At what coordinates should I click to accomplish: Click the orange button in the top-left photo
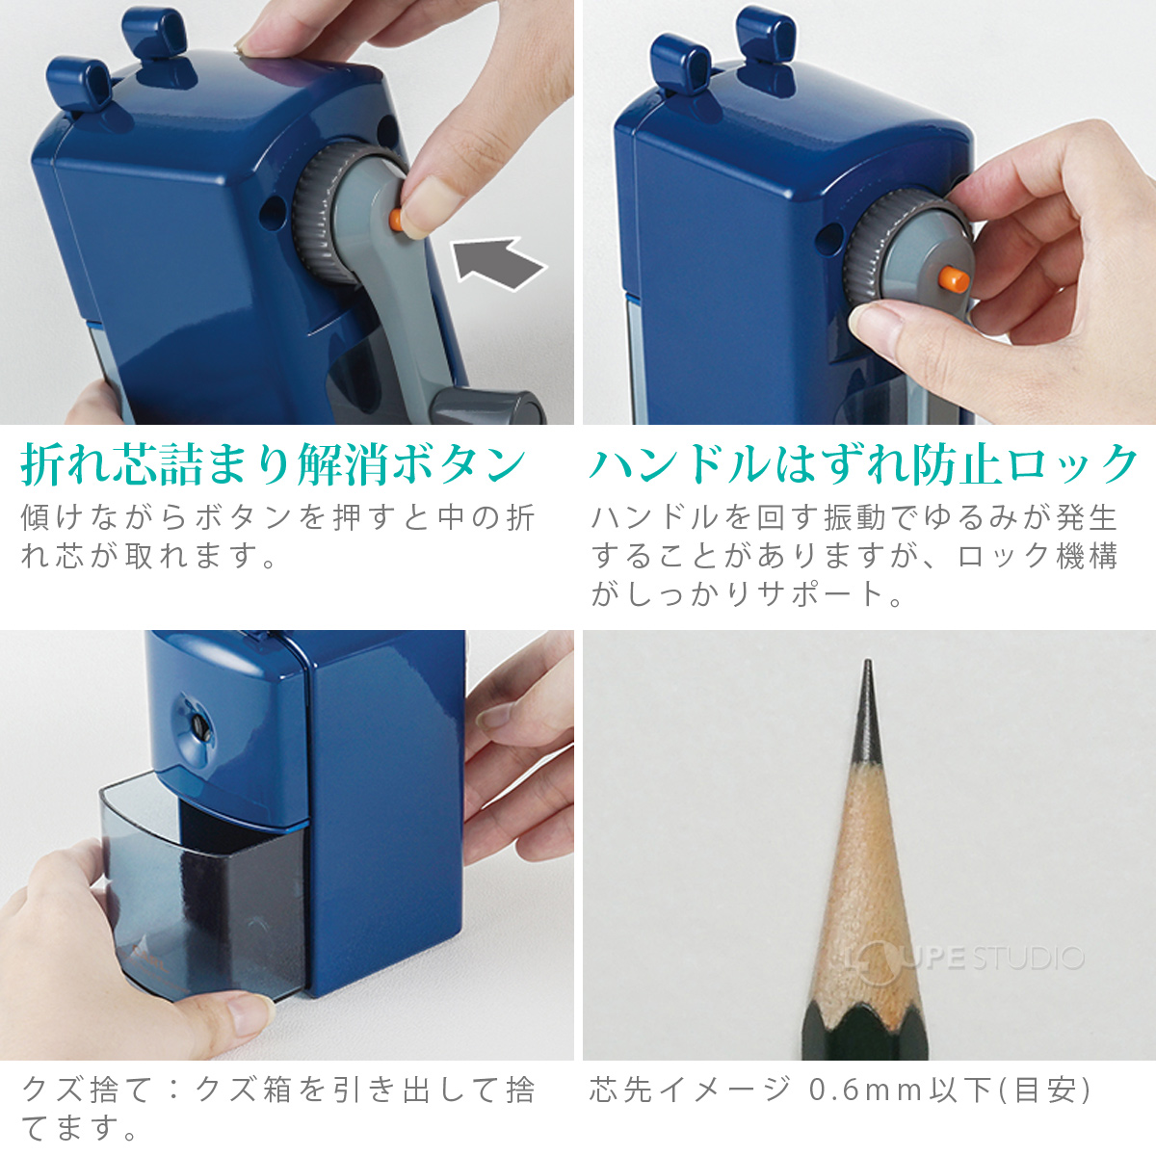coord(396,221)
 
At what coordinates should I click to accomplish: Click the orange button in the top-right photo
coord(952,278)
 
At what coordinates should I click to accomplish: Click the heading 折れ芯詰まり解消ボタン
coord(274,465)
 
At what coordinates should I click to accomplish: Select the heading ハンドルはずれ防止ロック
coord(863,465)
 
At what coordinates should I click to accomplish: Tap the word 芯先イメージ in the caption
coord(690,1090)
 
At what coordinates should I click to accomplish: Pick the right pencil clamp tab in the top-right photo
coord(766,39)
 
